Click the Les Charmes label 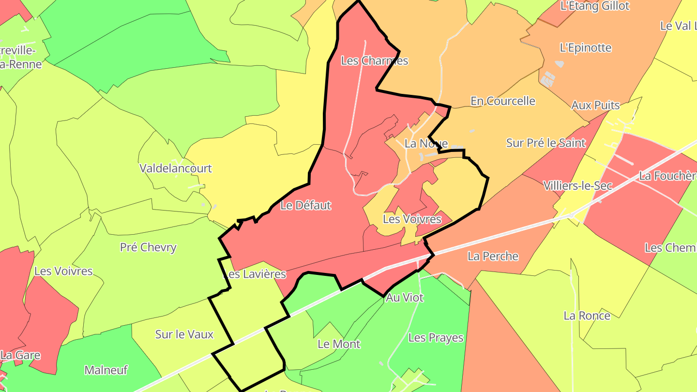click(375, 61)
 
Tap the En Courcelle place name click(503, 101)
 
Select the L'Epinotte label click(585, 48)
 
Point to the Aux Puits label click(595, 105)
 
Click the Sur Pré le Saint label click(545, 143)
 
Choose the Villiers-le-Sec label click(577, 185)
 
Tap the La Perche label click(493, 256)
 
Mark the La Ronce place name click(587, 316)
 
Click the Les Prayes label click(436, 337)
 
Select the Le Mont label click(339, 344)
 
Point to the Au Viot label click(404, 298)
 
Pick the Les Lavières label click(255, 274)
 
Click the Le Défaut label click(306, 205)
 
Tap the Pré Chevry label click(148, 247)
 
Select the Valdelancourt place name click(175, 168)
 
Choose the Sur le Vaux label click(184, 334)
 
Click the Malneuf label click(106, 370)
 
